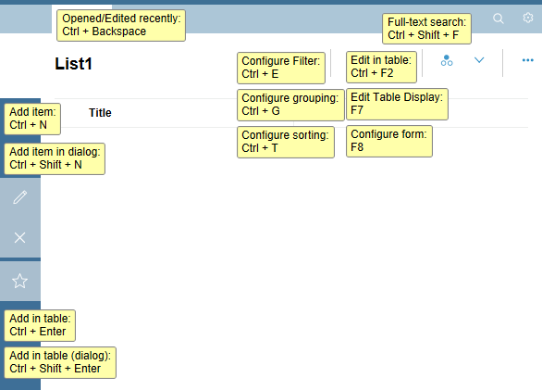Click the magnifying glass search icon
499,18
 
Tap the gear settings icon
528,18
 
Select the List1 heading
73,64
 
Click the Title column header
100,113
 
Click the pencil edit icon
20,197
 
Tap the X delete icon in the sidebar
19,237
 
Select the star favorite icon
19,281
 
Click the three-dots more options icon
528,60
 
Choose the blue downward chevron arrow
479,60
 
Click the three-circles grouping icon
447,60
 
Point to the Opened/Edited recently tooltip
121,25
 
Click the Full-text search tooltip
426,29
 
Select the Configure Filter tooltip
281,68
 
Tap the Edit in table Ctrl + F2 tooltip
381,67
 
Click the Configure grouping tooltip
290,105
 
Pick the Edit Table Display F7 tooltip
397,105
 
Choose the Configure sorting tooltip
286,142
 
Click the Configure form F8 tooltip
389,142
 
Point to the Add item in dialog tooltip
55,158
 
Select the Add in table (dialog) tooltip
60,362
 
